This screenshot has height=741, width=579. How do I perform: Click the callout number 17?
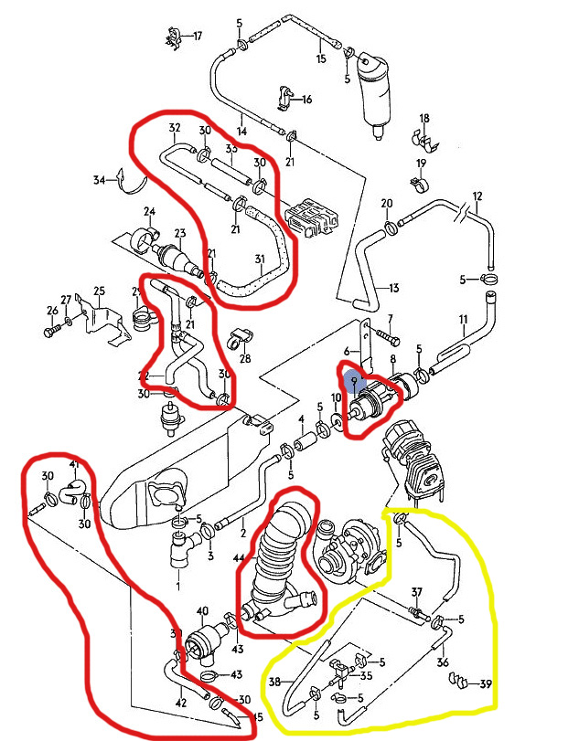[x=197, y=37]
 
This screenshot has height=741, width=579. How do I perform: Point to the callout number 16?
[x=306, y=99]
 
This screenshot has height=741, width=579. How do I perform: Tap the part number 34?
[x=100, y=181]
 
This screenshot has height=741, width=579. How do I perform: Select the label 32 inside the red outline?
[x=174, y=128]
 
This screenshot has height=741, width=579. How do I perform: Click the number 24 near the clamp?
[x=148, y=212]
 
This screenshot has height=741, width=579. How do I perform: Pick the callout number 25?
[x=99, y=291]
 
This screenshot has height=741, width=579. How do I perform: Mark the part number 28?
[x=245, y=359]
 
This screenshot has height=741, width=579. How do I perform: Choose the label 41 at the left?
[x=75, y=466]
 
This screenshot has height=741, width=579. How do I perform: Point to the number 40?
[x=202, y=611]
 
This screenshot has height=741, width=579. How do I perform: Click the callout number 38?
[x=274, y=681]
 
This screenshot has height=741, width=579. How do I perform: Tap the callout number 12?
[x=477, y=196]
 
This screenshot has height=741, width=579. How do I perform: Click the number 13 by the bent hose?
[x=394, y=288]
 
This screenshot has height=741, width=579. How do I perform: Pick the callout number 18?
[x=424, y=119]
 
